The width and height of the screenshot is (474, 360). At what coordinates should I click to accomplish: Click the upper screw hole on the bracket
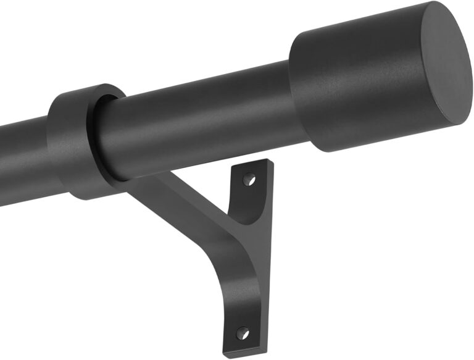[x=248, y=180]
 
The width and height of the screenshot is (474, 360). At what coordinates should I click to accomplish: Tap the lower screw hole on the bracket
[x=243, y=333]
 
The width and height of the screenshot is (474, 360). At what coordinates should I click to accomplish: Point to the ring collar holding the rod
[x=74, y=142]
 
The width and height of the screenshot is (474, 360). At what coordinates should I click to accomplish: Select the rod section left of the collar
[x=22, y=161]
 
